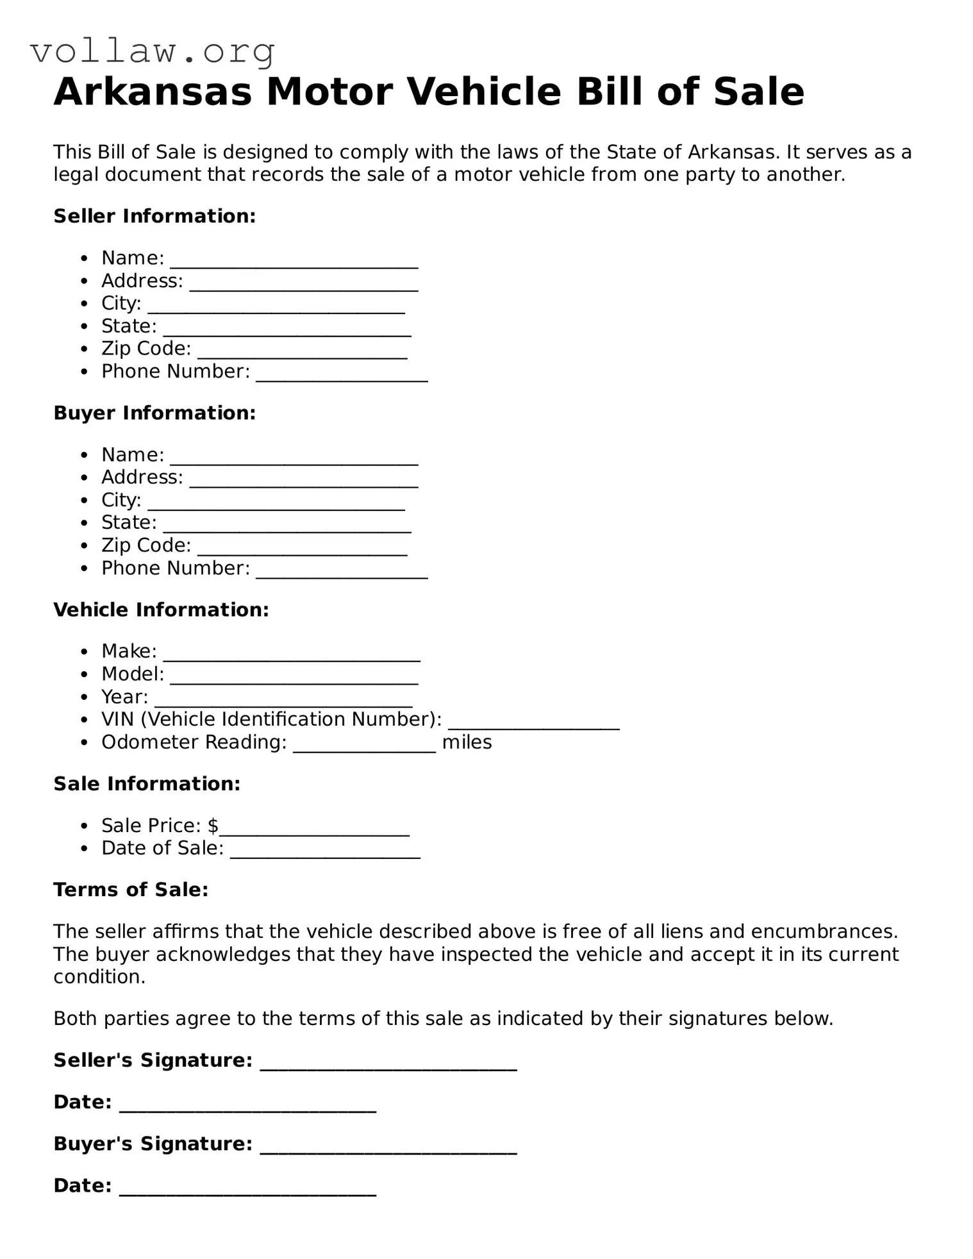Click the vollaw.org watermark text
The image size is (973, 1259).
click(153, 51)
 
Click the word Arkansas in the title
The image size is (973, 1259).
click(153, 92)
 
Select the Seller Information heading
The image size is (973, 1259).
click(154, 216)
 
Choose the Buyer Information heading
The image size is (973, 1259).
click(154, 413)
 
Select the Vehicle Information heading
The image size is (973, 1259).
click(161, 610)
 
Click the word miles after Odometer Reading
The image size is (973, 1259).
click(467, 742)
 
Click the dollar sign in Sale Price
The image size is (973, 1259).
click(213, 826)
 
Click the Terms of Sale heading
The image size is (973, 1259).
click(131, 890)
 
